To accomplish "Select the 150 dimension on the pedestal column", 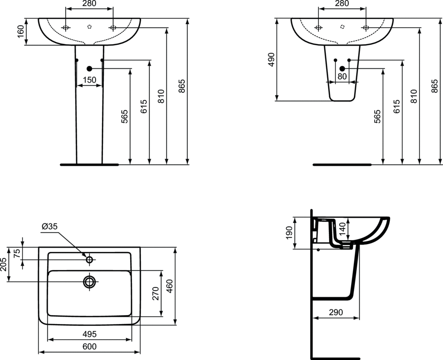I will click(89, 80).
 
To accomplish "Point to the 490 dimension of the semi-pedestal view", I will click(271, 59).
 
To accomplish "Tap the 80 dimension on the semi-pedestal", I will click(342, 76).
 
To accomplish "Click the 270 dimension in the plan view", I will click(156, 293).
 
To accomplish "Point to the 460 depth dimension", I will click(170, 286).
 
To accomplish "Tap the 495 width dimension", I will click(89, 334).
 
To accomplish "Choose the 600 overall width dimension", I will click(89, 347).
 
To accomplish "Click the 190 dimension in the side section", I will click(289, 233).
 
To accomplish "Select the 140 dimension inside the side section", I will click(342, 228).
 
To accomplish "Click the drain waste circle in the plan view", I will click(90, 282).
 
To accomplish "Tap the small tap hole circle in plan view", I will click(90, 260).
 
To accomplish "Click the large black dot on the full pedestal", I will click(90, 69).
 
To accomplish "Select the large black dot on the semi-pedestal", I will click(342, 69).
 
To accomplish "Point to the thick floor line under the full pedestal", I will click(89, 165).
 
